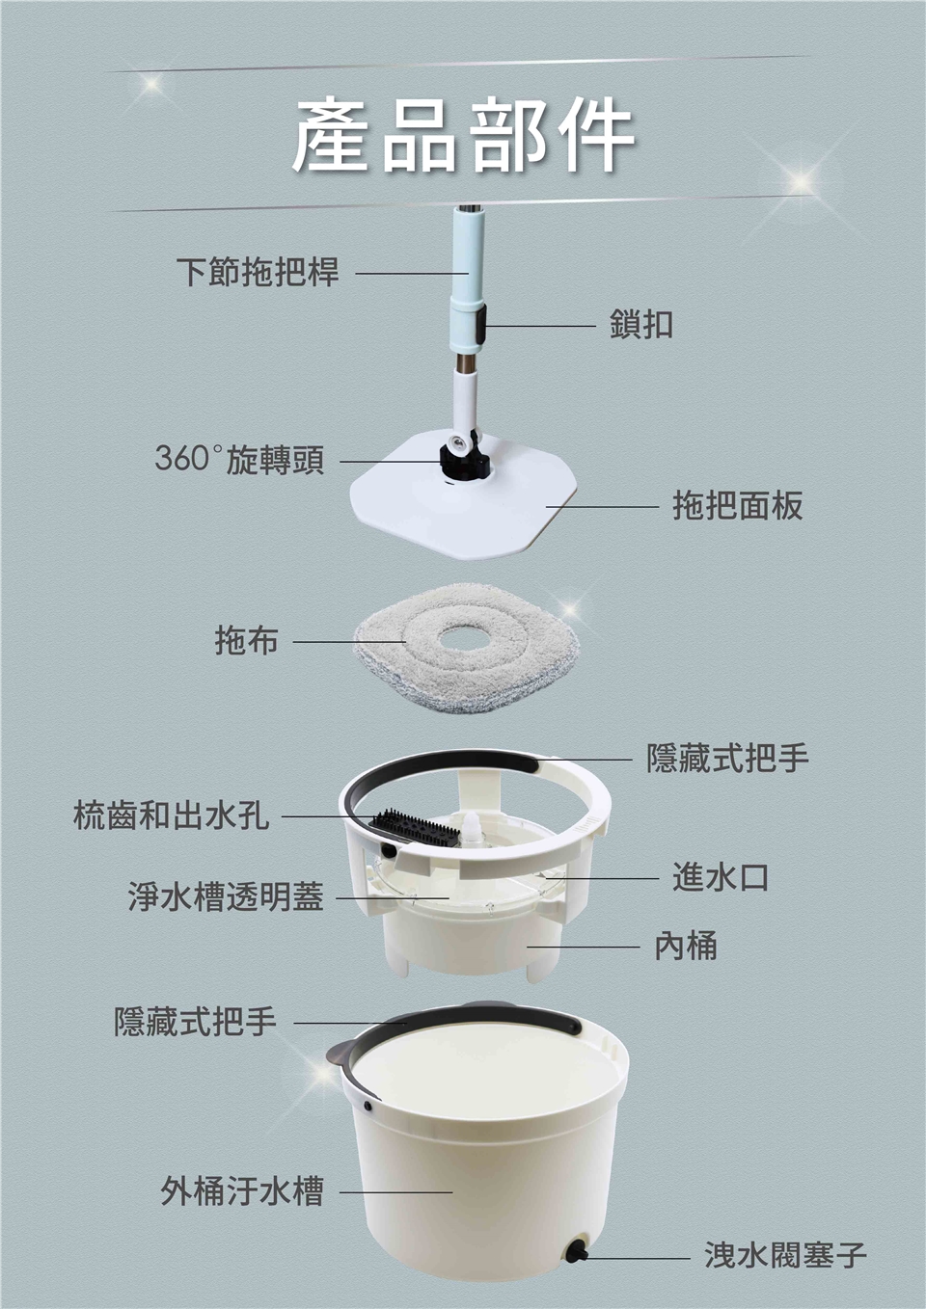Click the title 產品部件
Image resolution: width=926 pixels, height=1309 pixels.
[463, 135]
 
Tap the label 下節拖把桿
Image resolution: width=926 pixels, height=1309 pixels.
[258, 273]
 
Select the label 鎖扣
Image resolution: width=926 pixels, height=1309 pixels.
[641, 324]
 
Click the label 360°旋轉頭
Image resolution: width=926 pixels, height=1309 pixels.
[239, 459]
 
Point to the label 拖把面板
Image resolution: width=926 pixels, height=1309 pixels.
[738, 505]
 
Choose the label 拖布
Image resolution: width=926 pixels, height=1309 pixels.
[246, 640]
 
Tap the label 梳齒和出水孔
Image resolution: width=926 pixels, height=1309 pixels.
[171, 815]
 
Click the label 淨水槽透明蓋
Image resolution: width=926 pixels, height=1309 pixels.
[226, 896]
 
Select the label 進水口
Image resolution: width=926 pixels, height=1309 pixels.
[721, 877]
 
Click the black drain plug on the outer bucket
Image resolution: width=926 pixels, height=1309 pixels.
[575, 1250]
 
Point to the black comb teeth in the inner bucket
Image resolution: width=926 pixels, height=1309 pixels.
[413, 826]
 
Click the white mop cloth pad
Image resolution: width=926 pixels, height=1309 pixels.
[467, 649]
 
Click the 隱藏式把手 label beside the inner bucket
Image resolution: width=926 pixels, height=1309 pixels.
[728, 759]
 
